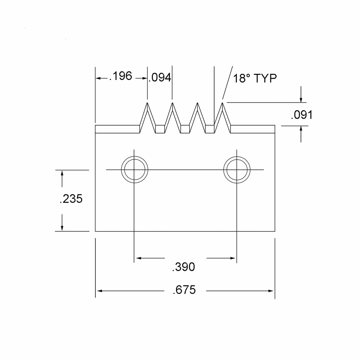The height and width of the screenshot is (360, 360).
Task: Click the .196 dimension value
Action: [121, 76]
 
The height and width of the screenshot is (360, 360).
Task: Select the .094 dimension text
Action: [160, 78]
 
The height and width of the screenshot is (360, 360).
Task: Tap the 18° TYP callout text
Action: [255, 78]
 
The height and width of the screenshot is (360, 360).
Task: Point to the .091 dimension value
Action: [302, 115]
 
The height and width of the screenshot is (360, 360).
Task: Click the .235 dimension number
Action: [71, 199]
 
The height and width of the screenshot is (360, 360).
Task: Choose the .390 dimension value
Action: [184, 267]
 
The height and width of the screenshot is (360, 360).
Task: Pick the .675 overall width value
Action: [184, 290]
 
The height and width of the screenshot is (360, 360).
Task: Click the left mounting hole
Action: [135, 170]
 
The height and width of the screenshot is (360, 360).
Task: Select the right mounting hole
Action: [237, 170]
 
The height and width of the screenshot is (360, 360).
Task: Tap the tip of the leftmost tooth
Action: [147, 103]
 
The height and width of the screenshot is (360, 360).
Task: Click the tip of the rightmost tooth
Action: [222, 103]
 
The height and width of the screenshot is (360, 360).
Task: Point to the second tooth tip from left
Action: [172, 103]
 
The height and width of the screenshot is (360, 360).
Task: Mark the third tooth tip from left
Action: [197, 103]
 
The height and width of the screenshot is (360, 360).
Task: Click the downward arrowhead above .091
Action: [301, 99]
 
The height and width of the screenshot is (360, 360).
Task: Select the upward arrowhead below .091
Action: [301, 129]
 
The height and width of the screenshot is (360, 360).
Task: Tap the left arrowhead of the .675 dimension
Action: [100, 291]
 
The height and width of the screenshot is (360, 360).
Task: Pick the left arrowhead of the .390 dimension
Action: [139, 258]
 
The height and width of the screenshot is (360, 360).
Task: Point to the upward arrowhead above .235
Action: [62, 174]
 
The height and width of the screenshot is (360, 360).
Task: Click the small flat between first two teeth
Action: [160, 129]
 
